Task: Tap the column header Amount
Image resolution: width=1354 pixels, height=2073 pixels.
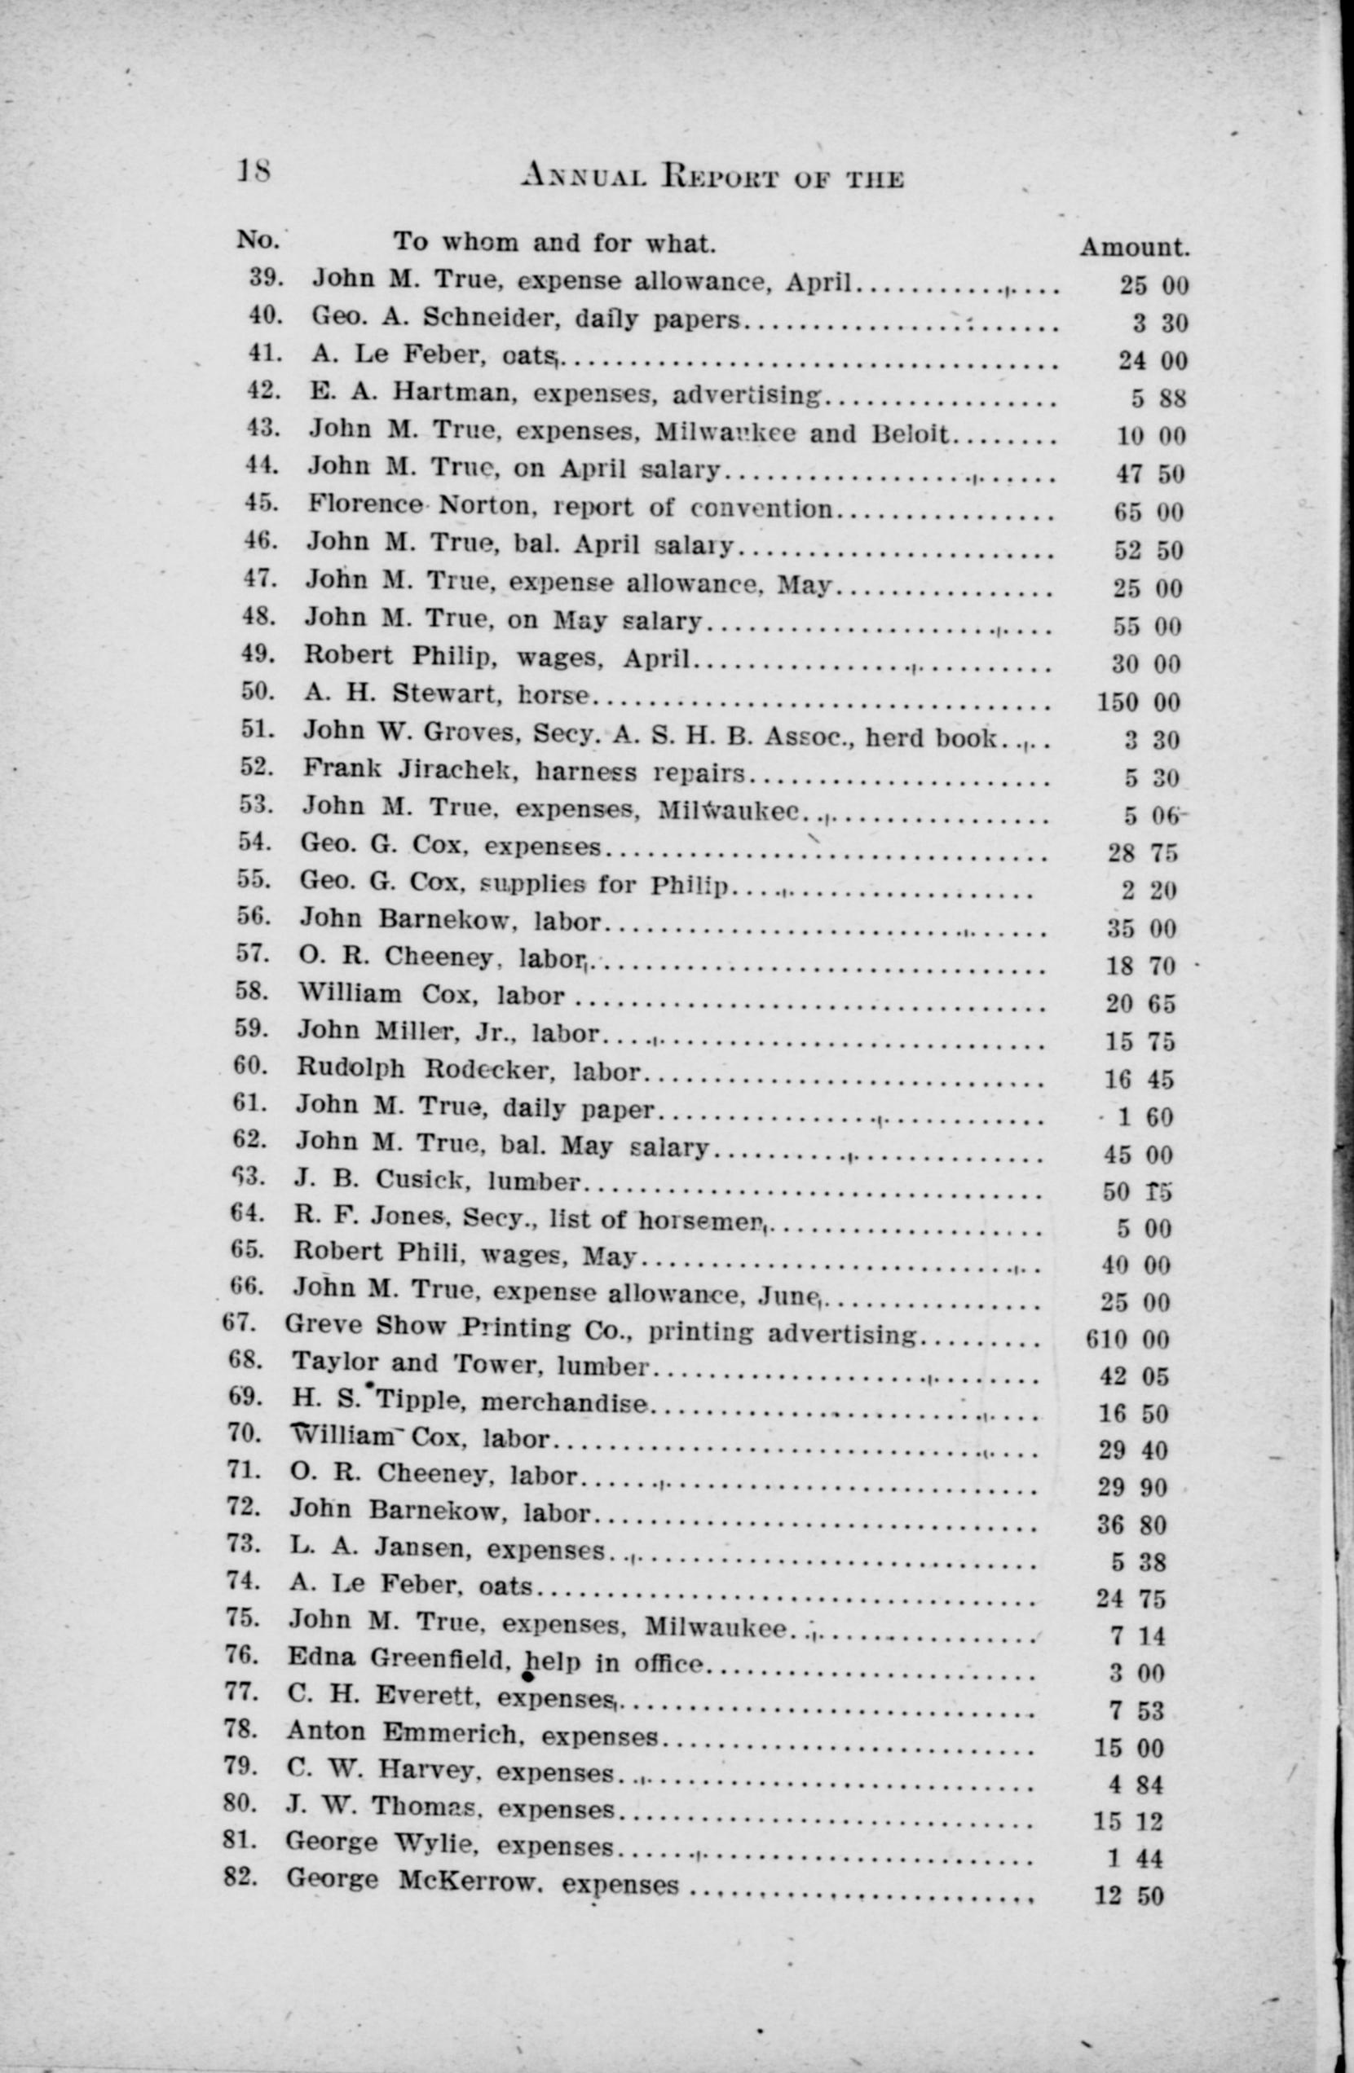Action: [1135, 249]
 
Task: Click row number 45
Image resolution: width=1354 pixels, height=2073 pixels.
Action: [262, 503]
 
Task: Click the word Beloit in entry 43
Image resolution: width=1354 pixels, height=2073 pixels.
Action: [910, 433]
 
